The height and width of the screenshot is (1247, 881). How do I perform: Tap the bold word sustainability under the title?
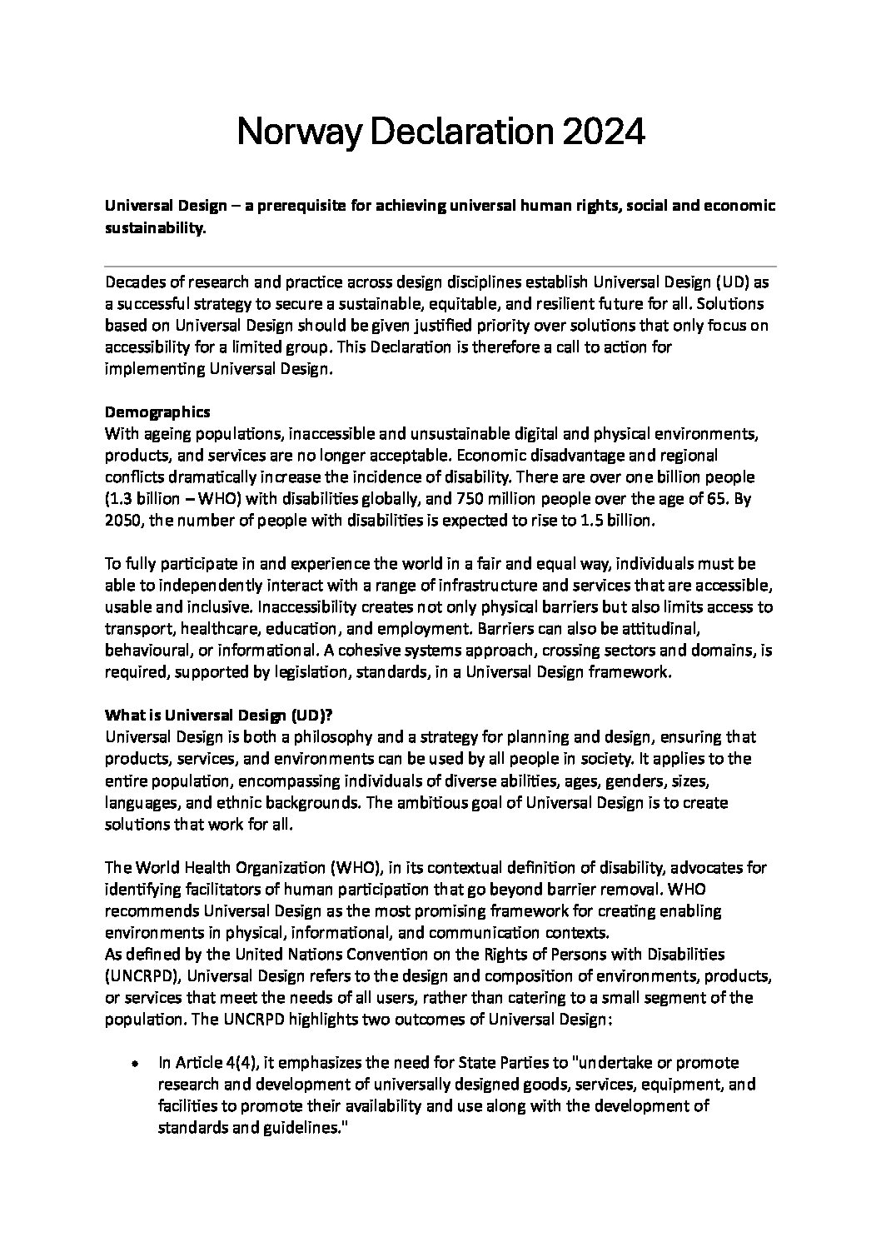tap(153, 228)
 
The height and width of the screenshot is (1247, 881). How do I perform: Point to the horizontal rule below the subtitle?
tap(440, 267)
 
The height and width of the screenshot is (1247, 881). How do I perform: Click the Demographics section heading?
tap(157, 412)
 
